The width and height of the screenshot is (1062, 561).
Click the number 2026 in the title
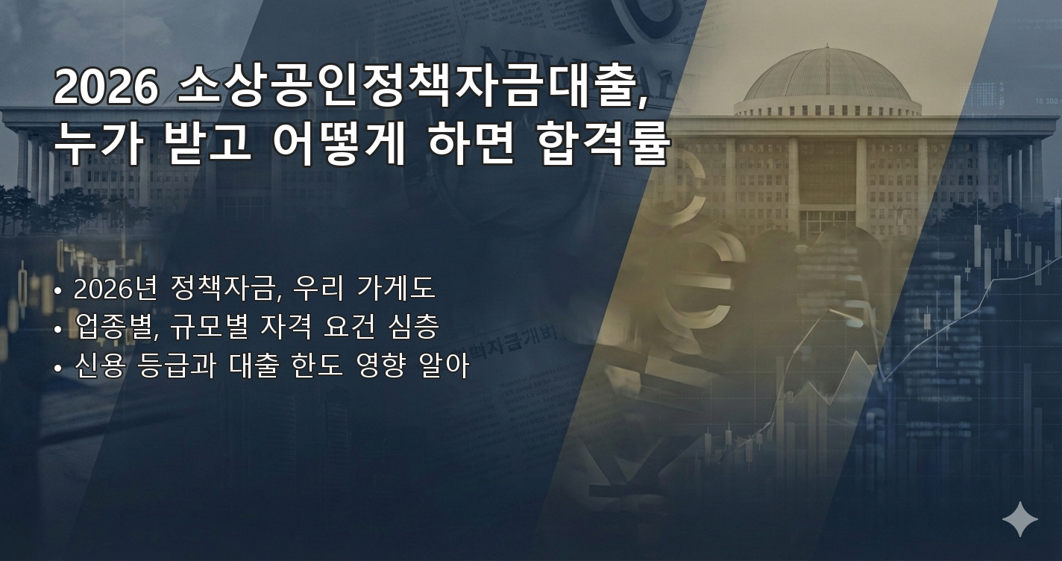(105, 88)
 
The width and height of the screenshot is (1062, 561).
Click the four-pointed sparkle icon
(1019, 519)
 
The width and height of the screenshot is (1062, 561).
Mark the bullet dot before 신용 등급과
(58, 367)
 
